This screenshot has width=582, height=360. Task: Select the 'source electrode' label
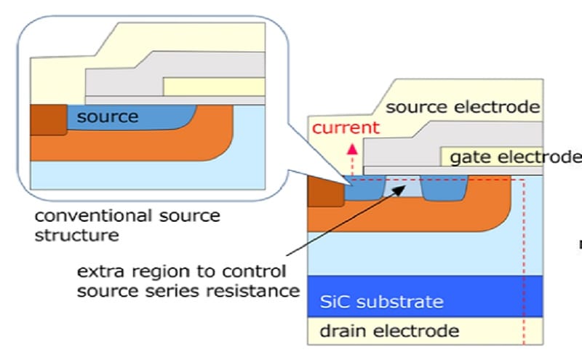(463, 108)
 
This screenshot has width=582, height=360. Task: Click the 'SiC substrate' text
(382, 300)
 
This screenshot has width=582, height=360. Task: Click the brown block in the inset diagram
(47, 120)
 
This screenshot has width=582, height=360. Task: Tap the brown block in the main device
(326, 192)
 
